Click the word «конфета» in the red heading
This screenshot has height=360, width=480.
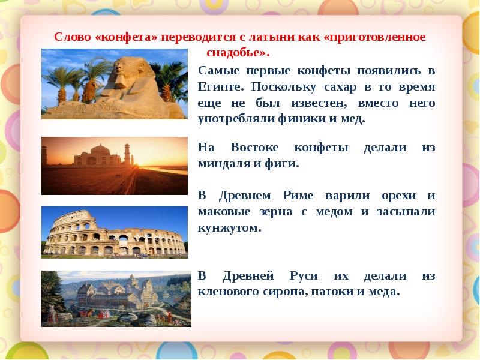point(127,37)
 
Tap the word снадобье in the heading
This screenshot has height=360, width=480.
point(235,53)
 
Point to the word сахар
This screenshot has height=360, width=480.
point(340,88)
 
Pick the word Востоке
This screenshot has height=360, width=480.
point(254,148)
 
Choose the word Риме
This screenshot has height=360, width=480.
point(298,196)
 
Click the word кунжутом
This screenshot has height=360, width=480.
point(229,228)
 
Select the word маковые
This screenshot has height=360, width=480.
point(224,212)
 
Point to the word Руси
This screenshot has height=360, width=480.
point(304,276)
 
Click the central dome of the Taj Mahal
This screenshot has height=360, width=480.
point(100,151)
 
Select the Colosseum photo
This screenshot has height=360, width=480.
point(115,232)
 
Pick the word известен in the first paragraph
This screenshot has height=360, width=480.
point(319,103)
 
